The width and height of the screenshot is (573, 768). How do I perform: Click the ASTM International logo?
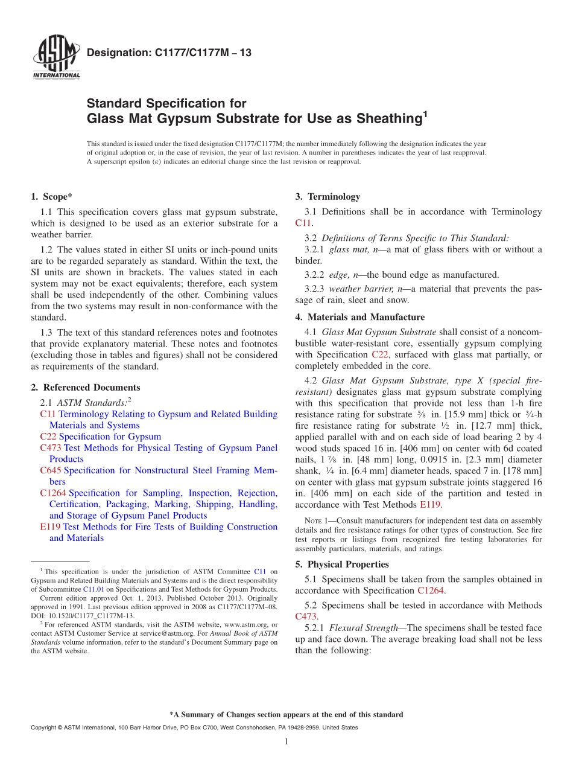pos(55,58)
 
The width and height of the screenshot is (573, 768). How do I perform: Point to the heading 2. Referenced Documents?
pos(86,388)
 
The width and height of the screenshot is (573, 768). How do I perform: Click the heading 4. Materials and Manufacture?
pos(360,317)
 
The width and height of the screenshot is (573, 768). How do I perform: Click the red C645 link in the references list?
pos(51,470)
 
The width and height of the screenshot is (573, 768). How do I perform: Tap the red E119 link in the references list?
pos(50,527)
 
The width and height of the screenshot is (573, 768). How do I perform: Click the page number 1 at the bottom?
pos(286,741)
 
